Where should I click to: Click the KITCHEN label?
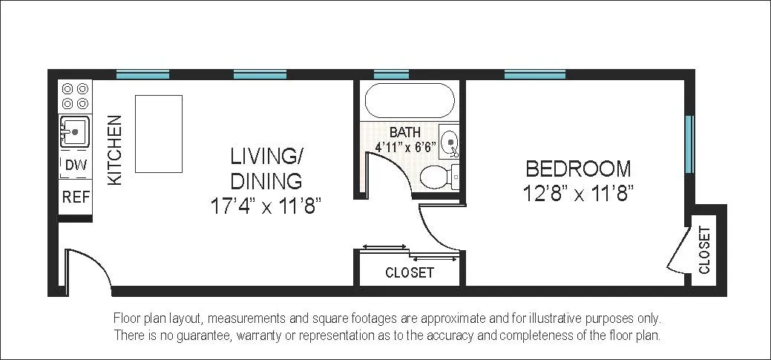116,151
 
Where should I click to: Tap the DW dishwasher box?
76,166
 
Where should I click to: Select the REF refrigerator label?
75,197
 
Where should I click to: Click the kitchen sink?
74,132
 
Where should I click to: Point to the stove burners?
75,95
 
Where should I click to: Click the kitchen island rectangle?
158,134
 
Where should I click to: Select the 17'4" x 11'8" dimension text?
266,206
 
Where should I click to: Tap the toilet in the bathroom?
438,178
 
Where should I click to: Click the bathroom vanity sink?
449,140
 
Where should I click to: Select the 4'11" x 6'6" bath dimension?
405,147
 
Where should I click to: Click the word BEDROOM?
578,168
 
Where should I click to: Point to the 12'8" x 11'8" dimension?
578,194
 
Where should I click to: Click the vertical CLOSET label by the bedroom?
704,249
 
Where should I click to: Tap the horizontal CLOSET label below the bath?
410,273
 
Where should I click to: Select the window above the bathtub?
391,75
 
